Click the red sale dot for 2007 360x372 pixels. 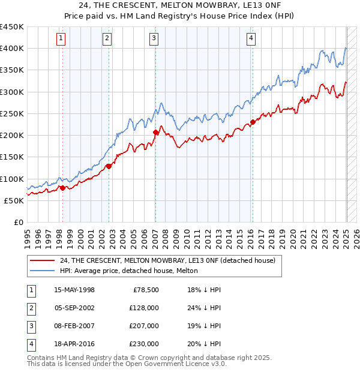pos(155,132)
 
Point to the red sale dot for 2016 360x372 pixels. pos(253,122)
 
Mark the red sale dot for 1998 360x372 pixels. pos(62,188)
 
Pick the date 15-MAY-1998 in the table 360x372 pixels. pos(74,290)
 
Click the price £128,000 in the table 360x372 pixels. pos(143,308)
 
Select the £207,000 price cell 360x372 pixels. pos(143,326)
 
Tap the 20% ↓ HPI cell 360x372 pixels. pos(203,344)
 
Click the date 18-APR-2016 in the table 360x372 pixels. pos(74,344)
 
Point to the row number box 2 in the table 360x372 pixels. pos(31,308)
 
